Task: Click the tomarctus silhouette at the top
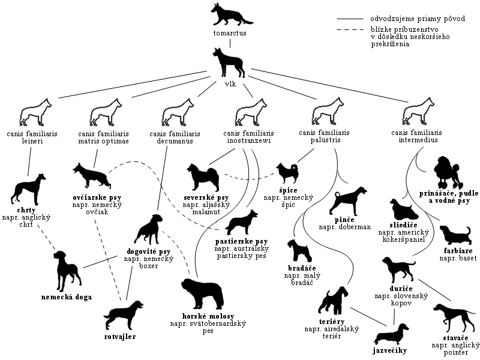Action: click(x=229, y=15)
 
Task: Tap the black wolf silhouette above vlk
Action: click(x=229, y=63)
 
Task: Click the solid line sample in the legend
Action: click(x=350, y=19)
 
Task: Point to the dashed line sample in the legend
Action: click(x=350, y=29)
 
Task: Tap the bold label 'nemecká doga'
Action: click(x=67, y=296)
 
